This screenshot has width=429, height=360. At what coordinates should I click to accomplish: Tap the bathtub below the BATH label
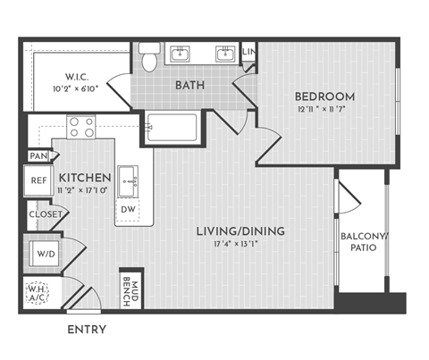171,128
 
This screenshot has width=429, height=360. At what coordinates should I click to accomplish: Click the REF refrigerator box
38,180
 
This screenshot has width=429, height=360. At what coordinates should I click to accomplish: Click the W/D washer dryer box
45,255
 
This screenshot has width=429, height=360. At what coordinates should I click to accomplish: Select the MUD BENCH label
130,288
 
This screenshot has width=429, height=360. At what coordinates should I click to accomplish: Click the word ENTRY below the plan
87,330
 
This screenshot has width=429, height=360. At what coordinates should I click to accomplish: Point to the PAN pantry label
38,155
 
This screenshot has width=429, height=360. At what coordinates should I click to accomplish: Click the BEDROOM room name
325,96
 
